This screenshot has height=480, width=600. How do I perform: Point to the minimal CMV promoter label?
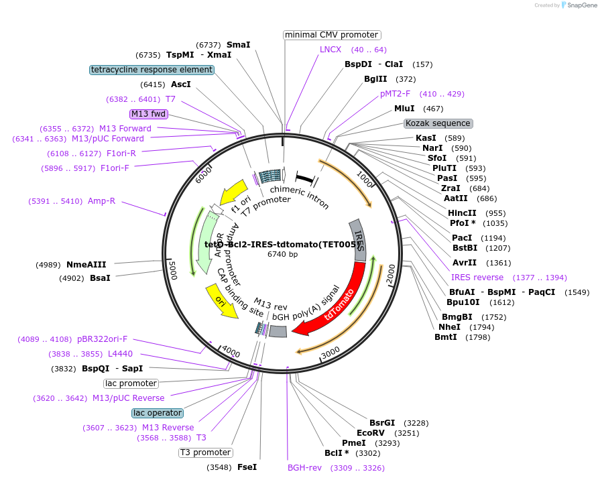coord(332,35)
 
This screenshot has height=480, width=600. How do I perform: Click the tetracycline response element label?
coord(152,70)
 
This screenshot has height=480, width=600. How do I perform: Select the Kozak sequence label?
coord(438,123)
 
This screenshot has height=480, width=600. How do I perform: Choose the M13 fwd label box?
coord(148,114)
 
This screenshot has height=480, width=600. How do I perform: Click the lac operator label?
coord(158,413)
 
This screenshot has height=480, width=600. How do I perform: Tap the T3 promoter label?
coord(205,453)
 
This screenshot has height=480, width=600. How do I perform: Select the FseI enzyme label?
coord(247,467)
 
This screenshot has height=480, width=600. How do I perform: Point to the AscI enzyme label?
coord(181,84)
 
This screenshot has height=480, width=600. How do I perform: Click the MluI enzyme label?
coord(404,109)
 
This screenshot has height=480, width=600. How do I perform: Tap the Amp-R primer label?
coord(101,200)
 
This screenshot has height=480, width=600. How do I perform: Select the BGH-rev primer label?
coord(304,467)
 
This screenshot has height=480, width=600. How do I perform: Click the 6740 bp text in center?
coord(282,254)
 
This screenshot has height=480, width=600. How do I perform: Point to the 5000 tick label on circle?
coord(172,271)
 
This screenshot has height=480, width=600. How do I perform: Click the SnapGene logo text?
coord(581,5)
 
